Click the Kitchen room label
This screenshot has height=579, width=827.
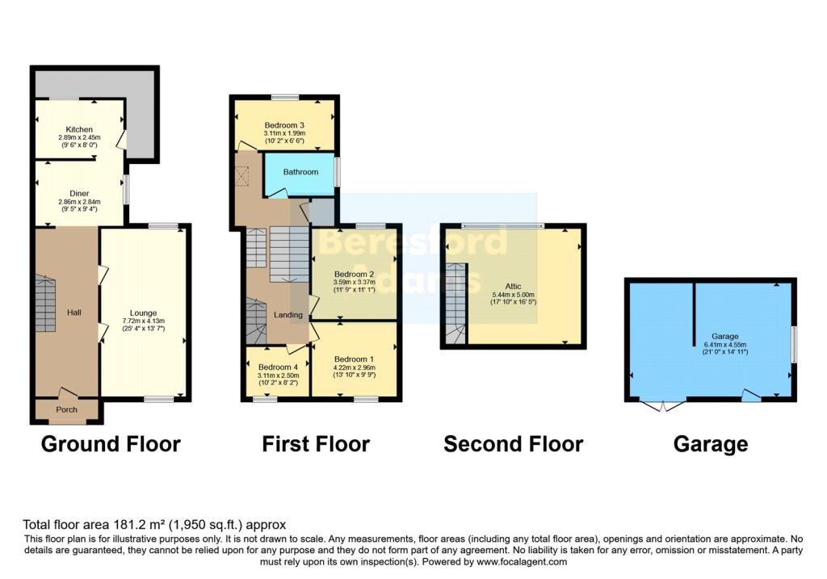[79, 129]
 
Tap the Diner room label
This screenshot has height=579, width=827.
[79, 192]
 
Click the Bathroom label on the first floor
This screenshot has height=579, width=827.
[300, 172]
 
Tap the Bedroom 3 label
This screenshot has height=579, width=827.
[284, 125]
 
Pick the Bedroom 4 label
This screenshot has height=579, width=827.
[276, 367]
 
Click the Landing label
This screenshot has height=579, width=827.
[288, 315]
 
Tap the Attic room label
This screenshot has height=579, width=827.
[513, 287]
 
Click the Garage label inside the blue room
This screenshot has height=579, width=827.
[724, 336]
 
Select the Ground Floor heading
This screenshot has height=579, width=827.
[110, 443]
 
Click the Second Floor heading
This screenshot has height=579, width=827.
[513, 443]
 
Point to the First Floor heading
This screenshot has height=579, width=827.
[315, 443]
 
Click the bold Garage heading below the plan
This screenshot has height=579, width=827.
[711, 443]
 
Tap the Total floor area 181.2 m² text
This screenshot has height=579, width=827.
[153, 524]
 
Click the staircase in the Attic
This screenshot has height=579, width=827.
[455, 303]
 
